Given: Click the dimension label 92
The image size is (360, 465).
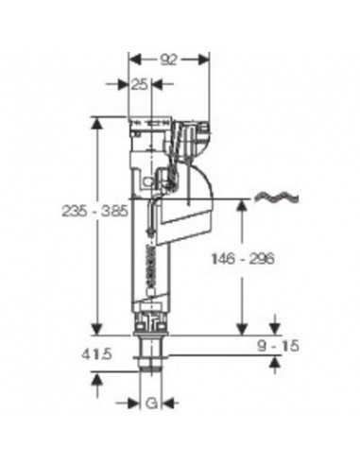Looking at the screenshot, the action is [168, 60].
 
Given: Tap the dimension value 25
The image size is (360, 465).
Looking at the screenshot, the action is [139, 84].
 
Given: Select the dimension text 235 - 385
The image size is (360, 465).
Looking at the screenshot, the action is [94, 211].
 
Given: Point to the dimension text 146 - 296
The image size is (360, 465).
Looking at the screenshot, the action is [243, 259].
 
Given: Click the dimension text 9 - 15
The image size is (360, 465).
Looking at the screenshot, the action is [278, 346].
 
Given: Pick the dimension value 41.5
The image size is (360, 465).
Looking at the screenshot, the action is [96, 354].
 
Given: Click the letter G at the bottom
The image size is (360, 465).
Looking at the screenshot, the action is [151, 403].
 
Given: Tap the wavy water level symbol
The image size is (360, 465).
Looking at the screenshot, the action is [276, 198].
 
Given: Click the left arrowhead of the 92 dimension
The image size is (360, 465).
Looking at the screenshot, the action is [135, 60].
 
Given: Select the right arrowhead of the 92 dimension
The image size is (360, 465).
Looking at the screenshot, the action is [203, 60].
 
